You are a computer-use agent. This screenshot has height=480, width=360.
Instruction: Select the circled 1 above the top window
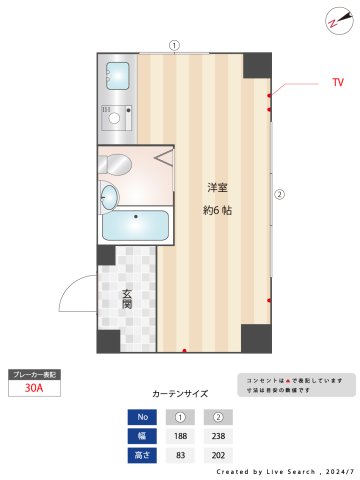click(174, 44)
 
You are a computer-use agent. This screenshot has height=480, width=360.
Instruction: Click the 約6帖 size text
click(217, 210)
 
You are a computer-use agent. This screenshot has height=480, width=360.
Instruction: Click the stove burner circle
click(115, 118)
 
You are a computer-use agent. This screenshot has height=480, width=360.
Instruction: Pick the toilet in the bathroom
click(111, 196)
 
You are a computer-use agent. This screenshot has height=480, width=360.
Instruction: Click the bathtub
click(135, 226)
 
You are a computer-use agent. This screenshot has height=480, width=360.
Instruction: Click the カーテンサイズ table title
click(181, 394)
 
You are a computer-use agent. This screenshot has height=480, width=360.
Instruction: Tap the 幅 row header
click(143, 435)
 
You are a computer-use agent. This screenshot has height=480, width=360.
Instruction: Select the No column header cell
click(143, 417)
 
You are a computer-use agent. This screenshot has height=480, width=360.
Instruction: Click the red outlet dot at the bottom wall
click(184, 350)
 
